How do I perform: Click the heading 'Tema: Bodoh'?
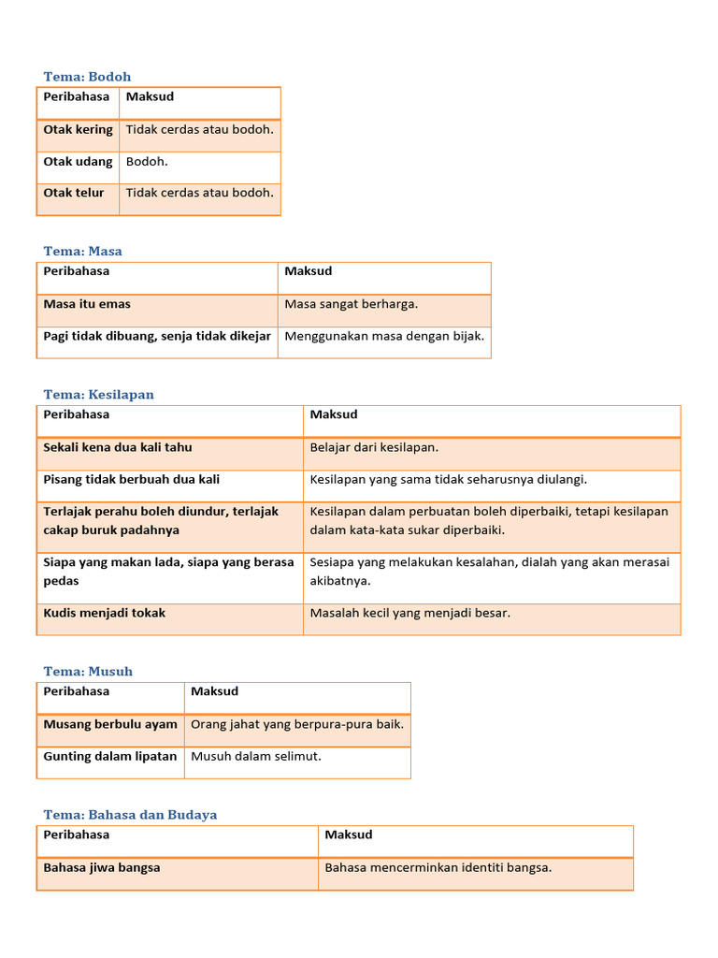tap(87, 77)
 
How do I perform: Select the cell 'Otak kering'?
tap(78, 130)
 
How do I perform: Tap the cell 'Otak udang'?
tap(78, 162)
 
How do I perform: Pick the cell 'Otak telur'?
tap(74, 194)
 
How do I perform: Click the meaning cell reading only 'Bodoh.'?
tap(147, 162)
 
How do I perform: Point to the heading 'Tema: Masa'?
tap(82, 251)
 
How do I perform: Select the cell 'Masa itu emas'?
tap(87, 304)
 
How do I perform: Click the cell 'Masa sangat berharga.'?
tap(351, 304)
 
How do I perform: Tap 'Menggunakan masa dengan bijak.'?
tap(384, 337)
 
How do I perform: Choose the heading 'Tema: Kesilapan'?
tap(98, 394)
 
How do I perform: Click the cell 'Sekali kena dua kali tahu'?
tap(118, 447)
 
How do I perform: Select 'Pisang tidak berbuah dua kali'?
tap(132, 480)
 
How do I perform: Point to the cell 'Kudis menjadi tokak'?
tap(105, 614)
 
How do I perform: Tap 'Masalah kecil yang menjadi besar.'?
tap(410, 614)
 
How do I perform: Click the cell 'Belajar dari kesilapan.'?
tap(374, 447)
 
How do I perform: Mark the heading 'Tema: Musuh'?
tap(88, 671)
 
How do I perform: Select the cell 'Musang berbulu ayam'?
tap(110, 724)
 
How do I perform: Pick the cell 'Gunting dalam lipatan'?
tap(110, 756)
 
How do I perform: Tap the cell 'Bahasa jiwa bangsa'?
tap(102, 867)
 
